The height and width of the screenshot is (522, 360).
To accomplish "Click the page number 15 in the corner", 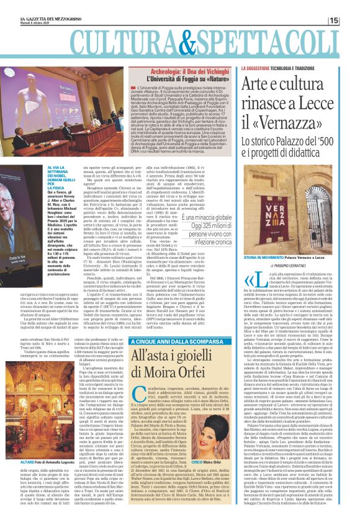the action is (x=351, y=20).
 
